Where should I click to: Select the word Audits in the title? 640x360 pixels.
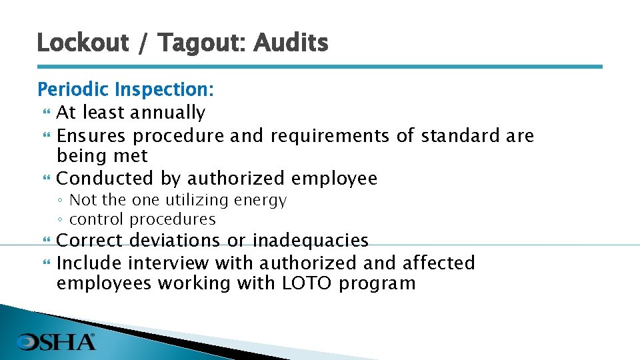[291, 43]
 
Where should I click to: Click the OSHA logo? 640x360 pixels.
[57, 342]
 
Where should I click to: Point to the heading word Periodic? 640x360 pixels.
[73, 89]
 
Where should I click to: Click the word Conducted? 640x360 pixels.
[105, 179]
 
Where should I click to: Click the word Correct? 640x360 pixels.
[91, 240]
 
